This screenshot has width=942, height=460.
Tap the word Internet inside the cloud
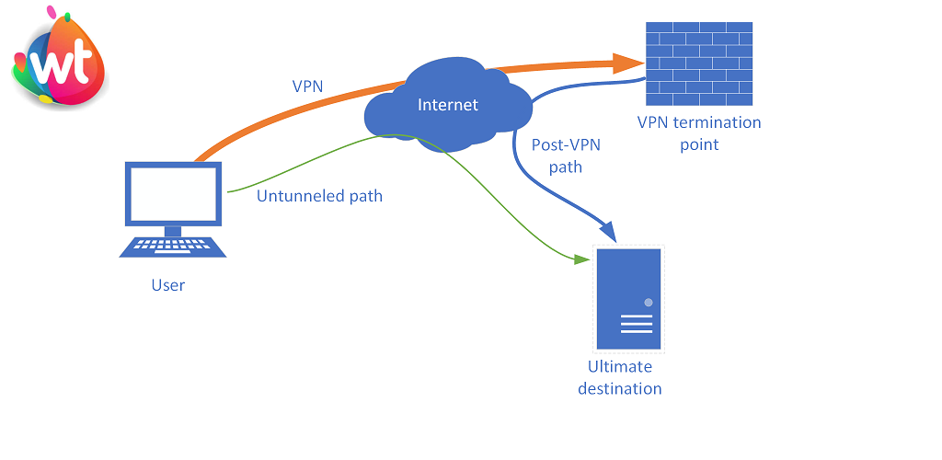click(448, 105)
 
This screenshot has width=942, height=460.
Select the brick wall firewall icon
click(699, 63)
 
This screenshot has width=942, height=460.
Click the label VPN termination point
click(699, 133)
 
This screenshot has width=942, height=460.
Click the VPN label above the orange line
click(307, 86)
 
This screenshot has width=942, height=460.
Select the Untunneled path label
click(319, 196)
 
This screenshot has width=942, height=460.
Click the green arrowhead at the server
click(581, 260)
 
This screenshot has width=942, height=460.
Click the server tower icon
click(628, 299)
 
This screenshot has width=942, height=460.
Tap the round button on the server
click(649, 303)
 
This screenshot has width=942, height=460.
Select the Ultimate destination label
click(619, 377)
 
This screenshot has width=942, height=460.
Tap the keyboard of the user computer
click(173, 247)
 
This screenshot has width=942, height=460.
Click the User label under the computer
click(168, 285)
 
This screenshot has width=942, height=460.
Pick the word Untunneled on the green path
click(296, 196)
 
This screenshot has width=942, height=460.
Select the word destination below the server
click(619, 388)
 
